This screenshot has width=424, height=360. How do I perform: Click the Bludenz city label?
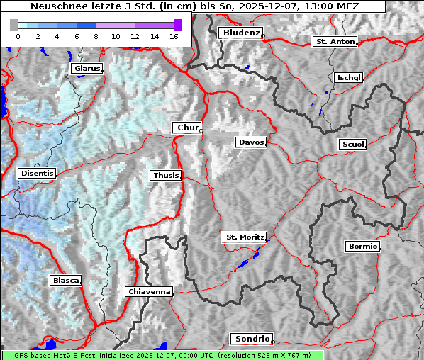(x=240, y=33)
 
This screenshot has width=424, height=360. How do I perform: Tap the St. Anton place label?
(x=335, y=41)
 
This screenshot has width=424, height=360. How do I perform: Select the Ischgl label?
(x=348, y=77)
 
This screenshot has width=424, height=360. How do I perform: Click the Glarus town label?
(x=86, y=69)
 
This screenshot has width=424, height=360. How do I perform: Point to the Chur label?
(x=187, y=128)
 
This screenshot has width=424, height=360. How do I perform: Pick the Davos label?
(x=251, y=142)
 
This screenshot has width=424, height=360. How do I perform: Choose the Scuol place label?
(x=352, y=144)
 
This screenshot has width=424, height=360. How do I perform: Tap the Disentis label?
(x=37, y=173)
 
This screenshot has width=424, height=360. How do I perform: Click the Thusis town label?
(x=166, y=175)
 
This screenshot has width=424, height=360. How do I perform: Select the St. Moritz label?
(x=244, y=237)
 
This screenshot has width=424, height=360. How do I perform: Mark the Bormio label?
(x=363, y=247)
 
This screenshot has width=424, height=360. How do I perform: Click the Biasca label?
(x=65, y=281)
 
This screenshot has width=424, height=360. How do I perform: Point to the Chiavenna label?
(x=149, y=291)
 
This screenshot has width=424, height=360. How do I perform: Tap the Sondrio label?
(x=252, y=339)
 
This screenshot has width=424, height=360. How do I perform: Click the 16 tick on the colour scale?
(x=174, y=35)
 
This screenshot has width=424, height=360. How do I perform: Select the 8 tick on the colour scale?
(x=96, y=35)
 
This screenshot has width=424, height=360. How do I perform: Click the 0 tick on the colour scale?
(x=18, y=35)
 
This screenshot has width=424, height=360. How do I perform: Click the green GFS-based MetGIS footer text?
(x=162, y=355)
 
